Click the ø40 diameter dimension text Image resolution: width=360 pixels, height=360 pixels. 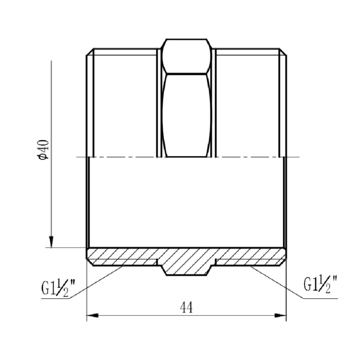tap(44, 149)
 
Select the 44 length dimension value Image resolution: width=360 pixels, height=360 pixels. tap(186, 307)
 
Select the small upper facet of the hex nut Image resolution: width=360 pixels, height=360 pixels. tap(186, 56)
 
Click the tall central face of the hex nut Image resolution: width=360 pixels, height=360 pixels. tap(186, 115)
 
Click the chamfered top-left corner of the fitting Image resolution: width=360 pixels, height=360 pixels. tap(89, 51)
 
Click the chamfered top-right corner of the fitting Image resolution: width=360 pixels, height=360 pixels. tap(284, 51)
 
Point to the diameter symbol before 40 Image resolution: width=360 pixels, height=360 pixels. tap(44, 156)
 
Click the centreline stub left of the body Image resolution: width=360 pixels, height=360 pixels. tap(81, 157)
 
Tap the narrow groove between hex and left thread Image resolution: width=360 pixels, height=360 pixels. tap(158, 103)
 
